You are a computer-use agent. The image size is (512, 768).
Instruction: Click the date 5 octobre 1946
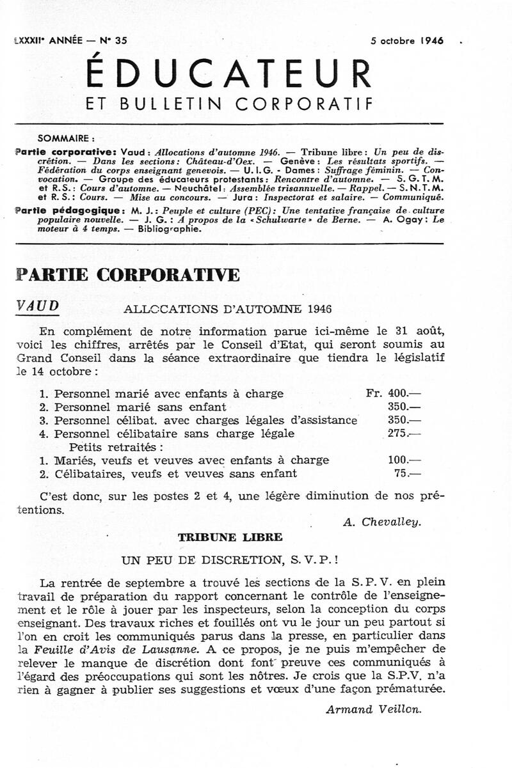[x=407, y=40]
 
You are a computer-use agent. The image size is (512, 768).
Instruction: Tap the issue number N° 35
[x=113, y=40]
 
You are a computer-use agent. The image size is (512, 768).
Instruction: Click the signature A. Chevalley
[x=383, y=521]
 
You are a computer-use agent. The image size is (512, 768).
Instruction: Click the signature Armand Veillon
[x=374, y=709]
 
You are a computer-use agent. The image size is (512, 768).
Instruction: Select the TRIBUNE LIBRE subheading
[x=230, y=537]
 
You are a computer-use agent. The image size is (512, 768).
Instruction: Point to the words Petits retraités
[x=116, y=446]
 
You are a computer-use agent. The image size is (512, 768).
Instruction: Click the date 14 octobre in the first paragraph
[x=61, y=371]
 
